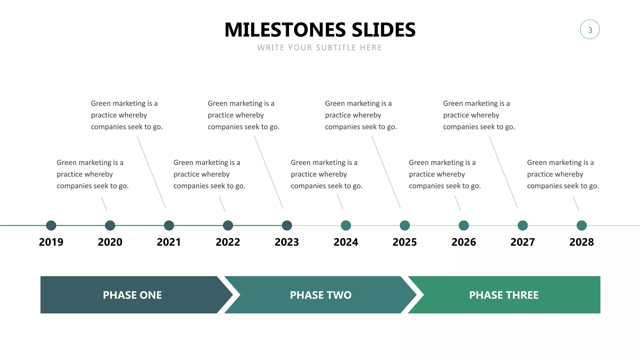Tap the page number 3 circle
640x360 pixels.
click(x=590, y=30)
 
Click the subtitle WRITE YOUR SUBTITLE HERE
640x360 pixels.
click(x=319, y=48)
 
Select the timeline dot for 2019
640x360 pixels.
click(x=51, y=225)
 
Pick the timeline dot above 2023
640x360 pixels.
click(x=287, y=225)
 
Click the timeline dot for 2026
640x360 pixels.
click(x=464, y=225)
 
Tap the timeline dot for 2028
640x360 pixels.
click(x=582, y=225)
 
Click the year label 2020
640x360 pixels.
click(x=110, y=242)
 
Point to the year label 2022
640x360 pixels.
click(x=228, y=242)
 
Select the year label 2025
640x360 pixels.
click(x=405, y=242)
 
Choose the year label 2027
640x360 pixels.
click(x=522, y=242)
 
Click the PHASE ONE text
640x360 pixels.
click(x=132, y=295)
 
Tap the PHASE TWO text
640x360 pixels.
click(x=321, y=295)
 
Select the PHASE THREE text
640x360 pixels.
click(x=504, y=295)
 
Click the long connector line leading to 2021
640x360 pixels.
click(x=151, y=172)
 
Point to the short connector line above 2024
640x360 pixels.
click(x=340, y=202)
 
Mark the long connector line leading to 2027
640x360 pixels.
click(x=503, y=172)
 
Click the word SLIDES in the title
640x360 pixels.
click(x=383, y=30)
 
